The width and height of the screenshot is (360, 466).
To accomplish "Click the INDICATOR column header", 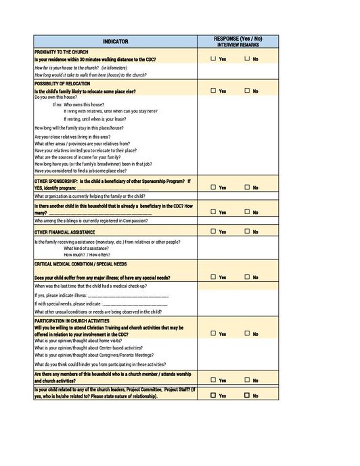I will [x=115, y=41].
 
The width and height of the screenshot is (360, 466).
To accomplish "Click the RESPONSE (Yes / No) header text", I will [x=238, y=39].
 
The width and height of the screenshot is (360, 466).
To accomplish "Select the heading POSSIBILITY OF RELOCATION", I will [x=66, y=83].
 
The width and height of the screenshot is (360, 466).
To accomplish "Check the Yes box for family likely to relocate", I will [x=214, y=91].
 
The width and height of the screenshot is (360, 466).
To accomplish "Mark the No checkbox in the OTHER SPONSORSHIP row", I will [x=248, y=187].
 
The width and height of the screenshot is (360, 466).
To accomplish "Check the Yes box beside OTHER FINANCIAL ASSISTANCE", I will [x=214, y=232].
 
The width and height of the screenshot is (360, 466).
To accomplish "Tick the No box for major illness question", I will [x=248, y=277].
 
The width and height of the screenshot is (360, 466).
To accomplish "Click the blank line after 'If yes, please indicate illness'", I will [x=129, y=295].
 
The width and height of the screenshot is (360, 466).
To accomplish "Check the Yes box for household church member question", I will [x=214, y=380].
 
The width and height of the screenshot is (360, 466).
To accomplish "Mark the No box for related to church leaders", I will [x=248, y=395].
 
